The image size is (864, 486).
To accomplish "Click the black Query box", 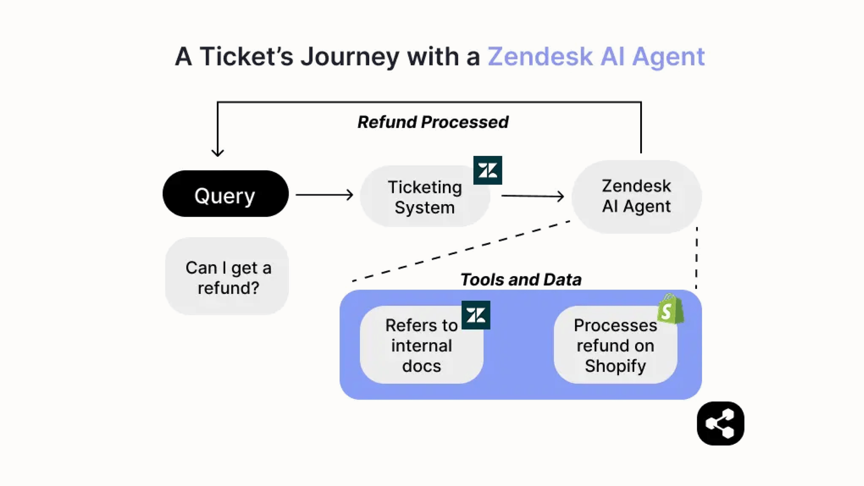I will [x=225, y=194].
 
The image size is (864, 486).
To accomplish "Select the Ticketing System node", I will [x=424, y=197].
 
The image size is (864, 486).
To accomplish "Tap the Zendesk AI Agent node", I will [x=636, y=196].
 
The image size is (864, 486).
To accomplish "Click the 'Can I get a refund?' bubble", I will [x=227, y=277].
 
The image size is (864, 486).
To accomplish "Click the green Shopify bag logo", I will [x=670, y=309].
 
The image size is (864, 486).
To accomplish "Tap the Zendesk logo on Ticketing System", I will [x=488, y=170].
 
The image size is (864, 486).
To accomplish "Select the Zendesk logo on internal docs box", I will [x=476, y=315].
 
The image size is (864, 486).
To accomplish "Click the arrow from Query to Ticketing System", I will [x=324, y=194].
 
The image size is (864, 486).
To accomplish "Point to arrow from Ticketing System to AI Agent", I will [x=532, y=196].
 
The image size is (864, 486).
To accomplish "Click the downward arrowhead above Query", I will [x=218, y=152].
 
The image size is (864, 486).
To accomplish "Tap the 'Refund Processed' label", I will [x=433, y=122].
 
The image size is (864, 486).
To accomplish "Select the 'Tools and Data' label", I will [x=520, y=280].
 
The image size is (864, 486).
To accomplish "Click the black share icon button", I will [x=720, y=423].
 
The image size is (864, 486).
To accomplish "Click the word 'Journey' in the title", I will [x=350, y=57].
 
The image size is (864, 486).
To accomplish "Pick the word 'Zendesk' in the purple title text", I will [x=540, y=57].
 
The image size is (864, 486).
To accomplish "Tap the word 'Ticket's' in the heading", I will [x=246, y=57].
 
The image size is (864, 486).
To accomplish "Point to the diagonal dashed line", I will [x=460, y=251].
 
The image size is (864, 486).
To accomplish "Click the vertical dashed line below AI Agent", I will [x=696, y=257].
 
